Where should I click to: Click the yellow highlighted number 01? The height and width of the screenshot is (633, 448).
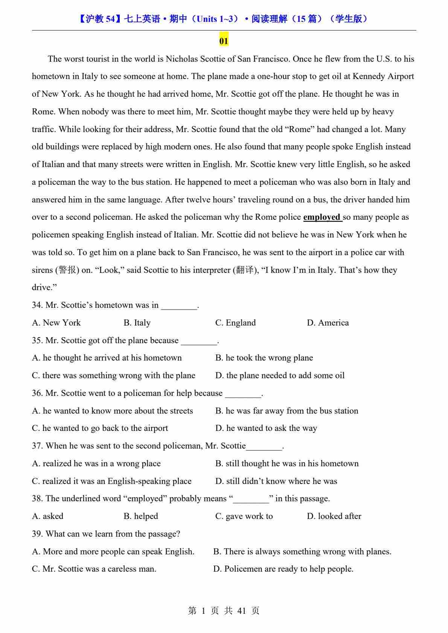click(224, 41)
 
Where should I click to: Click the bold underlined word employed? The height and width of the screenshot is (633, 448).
click(322, 217)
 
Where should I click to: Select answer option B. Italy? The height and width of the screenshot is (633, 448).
click(137, 323)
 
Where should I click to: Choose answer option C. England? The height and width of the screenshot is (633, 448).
click(235, 323)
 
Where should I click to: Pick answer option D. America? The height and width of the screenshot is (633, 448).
click(328, 323)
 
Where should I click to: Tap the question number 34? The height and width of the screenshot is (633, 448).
click(37, 305)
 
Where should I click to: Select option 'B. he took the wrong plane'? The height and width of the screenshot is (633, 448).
click(264, 358)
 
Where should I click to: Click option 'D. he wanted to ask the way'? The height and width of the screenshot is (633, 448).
click(266, 428)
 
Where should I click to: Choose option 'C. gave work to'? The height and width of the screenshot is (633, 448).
click(244, 516)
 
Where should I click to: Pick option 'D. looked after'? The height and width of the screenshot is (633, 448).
click(334, 516)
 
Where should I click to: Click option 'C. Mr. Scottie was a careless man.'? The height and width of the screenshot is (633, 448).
click(94, 569)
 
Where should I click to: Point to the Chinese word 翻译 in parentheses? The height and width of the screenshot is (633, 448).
click(245, 270)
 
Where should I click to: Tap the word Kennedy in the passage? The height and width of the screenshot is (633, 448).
click(369, 76)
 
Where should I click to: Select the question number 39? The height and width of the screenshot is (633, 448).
click(37, 534)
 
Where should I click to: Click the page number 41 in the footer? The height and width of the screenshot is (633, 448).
click(242, 611)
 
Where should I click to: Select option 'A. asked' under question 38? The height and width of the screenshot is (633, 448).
click(48, 516)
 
